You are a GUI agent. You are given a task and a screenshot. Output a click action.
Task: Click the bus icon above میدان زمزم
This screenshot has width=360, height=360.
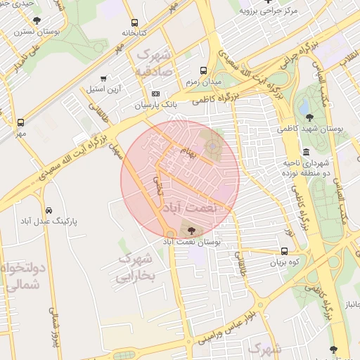tap(204, 70)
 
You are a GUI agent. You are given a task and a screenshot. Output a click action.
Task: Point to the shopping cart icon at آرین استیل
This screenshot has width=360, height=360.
tap(103, 79)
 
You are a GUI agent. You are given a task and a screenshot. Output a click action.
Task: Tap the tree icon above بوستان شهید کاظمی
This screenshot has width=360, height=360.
tap(309, 117)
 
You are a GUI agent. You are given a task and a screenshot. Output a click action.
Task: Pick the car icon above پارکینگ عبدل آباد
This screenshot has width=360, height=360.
tap(49, 210)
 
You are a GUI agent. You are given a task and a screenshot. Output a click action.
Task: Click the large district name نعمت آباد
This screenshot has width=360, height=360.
tap(191, 209)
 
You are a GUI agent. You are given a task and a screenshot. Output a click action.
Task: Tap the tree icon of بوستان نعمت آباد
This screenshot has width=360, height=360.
tap(191, 230)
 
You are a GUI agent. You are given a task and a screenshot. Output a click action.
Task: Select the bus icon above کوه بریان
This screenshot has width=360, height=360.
tap(284, 251)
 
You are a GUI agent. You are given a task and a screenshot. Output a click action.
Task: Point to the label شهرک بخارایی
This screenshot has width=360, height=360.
tap(133, 268)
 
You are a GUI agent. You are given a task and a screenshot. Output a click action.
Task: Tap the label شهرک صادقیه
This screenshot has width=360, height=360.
tap(153, 62)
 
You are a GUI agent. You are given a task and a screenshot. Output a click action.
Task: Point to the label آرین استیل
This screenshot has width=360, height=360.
tap(104, 89)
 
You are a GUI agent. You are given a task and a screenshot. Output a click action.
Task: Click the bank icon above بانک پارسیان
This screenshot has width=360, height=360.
tap(155, 94)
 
